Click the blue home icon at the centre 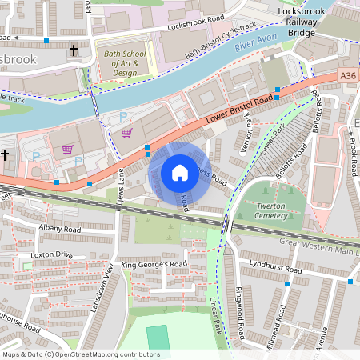pos(180,172)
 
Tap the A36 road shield pos(348,75)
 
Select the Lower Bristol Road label pos(238,110)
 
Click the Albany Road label pos(59,229)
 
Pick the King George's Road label pos(154,263)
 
